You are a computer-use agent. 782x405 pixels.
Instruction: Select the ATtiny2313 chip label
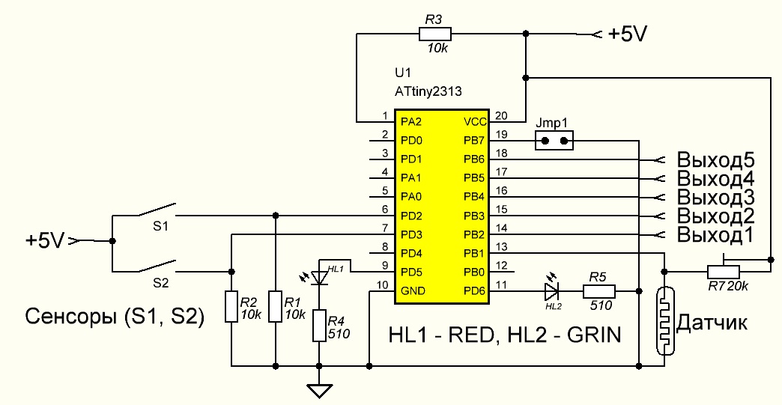(x=428, y=91)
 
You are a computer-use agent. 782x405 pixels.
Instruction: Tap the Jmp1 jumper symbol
(x=555, y=140)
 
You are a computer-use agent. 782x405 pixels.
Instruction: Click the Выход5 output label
(x=715, y=159)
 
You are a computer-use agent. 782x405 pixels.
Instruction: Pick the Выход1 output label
(x=715, y=235)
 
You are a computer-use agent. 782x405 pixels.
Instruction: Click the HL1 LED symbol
(x=320, y=278)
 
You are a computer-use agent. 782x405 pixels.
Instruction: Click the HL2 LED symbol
(x=553, y=290)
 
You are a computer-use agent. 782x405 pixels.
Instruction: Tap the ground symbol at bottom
(x=320, y=389)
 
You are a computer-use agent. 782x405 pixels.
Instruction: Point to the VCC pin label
(x=474, y=121)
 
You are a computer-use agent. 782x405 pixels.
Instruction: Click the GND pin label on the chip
(x=411, y=290)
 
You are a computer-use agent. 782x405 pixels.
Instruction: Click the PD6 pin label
(x=474, y=290)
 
